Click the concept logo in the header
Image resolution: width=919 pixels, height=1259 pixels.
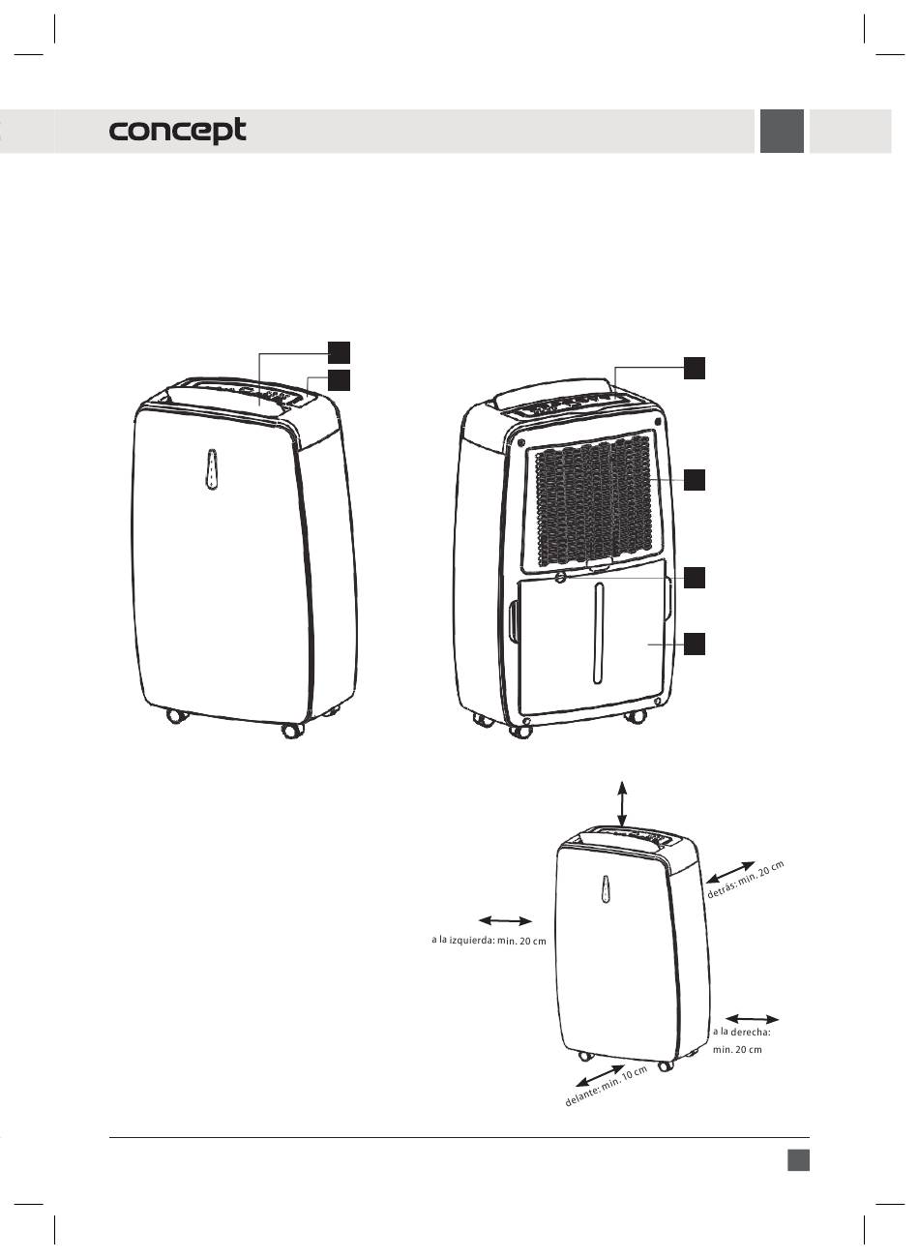[x=178, y=132]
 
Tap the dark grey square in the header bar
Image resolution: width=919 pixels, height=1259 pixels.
[x=782, y=132]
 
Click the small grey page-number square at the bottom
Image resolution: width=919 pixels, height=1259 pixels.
[x=798, y=1159]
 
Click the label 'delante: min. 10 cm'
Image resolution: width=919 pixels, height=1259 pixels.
[x=606, y=1086]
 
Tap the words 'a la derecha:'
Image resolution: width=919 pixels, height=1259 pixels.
[x=740, y=1032]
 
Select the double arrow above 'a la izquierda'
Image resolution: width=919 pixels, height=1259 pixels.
[x=506, y=919]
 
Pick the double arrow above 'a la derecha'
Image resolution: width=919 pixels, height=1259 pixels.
[x=752, y=1018]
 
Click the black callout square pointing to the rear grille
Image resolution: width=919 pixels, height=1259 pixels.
[x=695, y=479]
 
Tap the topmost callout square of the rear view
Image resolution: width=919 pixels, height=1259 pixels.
[x=695, y=367]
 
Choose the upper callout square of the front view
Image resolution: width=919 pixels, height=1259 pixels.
[x=338, y=350]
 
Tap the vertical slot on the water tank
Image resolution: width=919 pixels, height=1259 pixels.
[x=599, y=638]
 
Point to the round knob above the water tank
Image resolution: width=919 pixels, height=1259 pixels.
[x=561, y=578]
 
